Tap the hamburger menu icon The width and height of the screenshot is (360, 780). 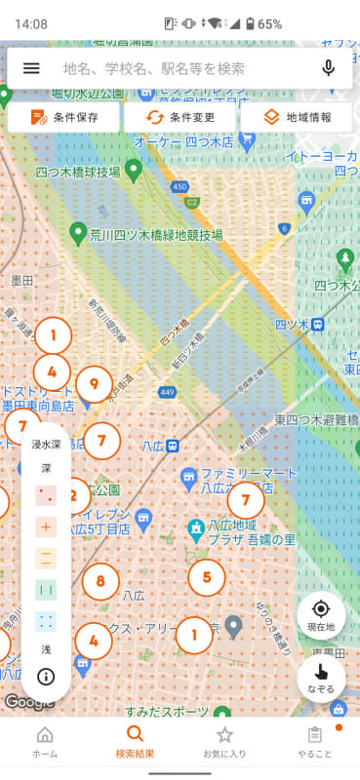click(x=31, y=68)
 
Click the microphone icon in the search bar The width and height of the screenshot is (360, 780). click(x=329, y=68)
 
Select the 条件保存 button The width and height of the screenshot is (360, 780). click(x=63, y=117)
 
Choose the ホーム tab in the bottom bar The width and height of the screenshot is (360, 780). click(x=45, y=742)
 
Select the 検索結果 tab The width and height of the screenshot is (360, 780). click(x=135, y=742)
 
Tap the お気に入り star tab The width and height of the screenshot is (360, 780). click(x=224, y=742)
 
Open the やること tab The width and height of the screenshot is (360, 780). click(x=314, y=742)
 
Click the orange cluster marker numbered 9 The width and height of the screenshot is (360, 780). click(x=94, y=384)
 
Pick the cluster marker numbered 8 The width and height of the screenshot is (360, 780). click(x=100, y=582)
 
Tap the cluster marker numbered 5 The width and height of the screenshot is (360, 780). click(x=206, y=576)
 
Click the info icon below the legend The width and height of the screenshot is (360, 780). click(x=46, y=677)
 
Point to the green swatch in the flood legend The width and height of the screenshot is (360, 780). click(x=46, y=591)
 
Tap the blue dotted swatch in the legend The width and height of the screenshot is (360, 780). click(x=46, y=621)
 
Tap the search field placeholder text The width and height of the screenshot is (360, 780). click(x=154, y=68)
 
